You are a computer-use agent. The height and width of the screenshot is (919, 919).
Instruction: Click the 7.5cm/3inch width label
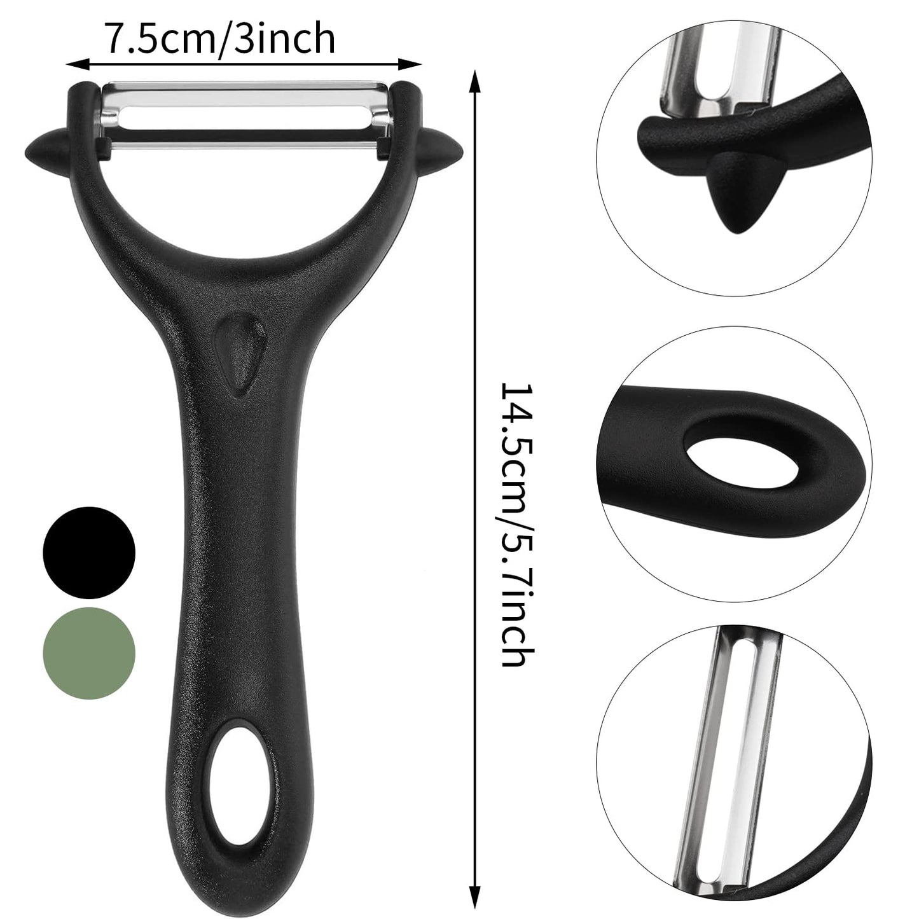219,39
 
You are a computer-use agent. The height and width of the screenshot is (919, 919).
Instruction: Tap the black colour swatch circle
89,551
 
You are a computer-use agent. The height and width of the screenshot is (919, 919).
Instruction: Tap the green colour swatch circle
89,654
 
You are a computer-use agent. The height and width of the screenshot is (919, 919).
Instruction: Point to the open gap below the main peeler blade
245,191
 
